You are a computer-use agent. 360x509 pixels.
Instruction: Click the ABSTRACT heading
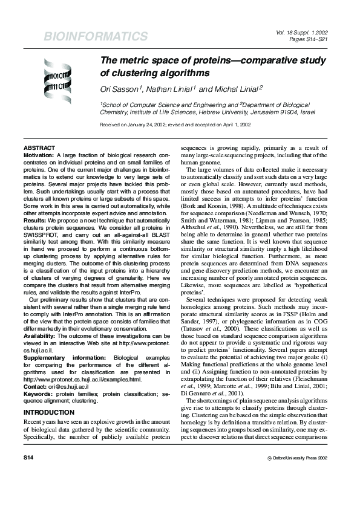coord(39,148)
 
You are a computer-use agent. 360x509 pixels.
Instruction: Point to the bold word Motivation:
coord(39,155)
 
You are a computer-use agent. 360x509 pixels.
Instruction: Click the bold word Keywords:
coord(38,377)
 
